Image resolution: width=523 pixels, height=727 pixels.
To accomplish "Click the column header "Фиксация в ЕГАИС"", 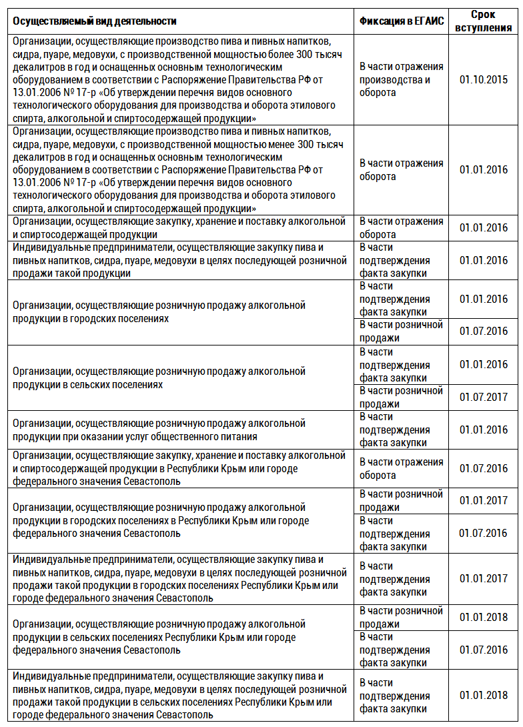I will [402, 21].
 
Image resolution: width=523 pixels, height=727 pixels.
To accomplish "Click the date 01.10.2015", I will [483, 79].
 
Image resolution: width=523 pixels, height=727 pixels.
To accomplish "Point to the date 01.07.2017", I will [483, 398].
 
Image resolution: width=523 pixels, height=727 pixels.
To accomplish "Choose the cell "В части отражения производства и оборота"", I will [401, 79].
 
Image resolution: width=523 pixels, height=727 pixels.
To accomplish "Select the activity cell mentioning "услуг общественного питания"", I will [159, 430].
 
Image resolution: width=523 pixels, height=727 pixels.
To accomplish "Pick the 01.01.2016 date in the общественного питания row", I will [483, 430].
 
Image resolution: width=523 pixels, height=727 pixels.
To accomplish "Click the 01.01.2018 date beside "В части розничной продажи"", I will [483, 617].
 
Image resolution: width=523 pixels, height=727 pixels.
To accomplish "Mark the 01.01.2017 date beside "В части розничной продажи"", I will [483, 500].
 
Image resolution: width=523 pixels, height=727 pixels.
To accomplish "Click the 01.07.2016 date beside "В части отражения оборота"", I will [483, 468].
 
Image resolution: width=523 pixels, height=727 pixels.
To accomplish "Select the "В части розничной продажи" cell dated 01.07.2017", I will [401, 398].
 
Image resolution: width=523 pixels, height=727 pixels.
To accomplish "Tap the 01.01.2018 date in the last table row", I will [483, 695].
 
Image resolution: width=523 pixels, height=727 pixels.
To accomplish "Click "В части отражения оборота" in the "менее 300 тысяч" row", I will [401, 169].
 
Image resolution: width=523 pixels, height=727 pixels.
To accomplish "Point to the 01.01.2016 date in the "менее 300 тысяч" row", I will [483, 169].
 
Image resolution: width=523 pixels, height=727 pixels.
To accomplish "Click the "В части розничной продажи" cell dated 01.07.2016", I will [401, 331].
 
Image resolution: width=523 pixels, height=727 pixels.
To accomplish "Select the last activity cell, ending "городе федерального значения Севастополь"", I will [179, 695].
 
